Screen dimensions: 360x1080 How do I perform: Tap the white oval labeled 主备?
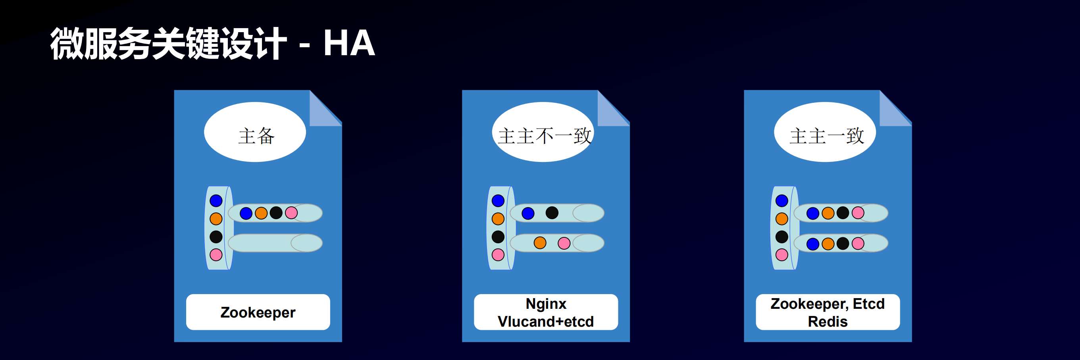coord(255,133)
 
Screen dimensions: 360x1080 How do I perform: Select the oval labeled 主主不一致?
coord(543,133)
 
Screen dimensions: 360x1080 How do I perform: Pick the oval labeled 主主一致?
coord(825,133)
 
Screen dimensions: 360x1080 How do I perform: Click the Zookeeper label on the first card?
coord(258,313)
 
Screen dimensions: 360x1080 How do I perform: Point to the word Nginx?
coord(546,303)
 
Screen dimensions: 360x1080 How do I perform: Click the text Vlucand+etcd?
coord(546,321)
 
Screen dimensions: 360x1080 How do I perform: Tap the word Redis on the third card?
coord(828,321)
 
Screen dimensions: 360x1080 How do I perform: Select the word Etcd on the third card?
coord(869,303)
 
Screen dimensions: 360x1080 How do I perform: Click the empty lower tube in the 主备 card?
coord(268,243)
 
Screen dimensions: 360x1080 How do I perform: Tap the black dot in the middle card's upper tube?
coord(552,213)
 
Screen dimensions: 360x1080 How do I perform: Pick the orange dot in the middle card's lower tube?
coord(540,243)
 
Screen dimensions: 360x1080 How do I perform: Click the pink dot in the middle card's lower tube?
coord(564,243)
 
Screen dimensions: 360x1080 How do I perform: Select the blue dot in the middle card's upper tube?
coord(528,213)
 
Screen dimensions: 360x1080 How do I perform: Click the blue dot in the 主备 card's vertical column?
coord(216,201)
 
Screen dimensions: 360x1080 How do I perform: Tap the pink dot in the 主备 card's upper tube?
coord(291,213)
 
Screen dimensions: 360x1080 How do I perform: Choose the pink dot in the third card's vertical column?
coord(782,255)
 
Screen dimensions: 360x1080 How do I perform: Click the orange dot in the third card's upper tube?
coord(828,213)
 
